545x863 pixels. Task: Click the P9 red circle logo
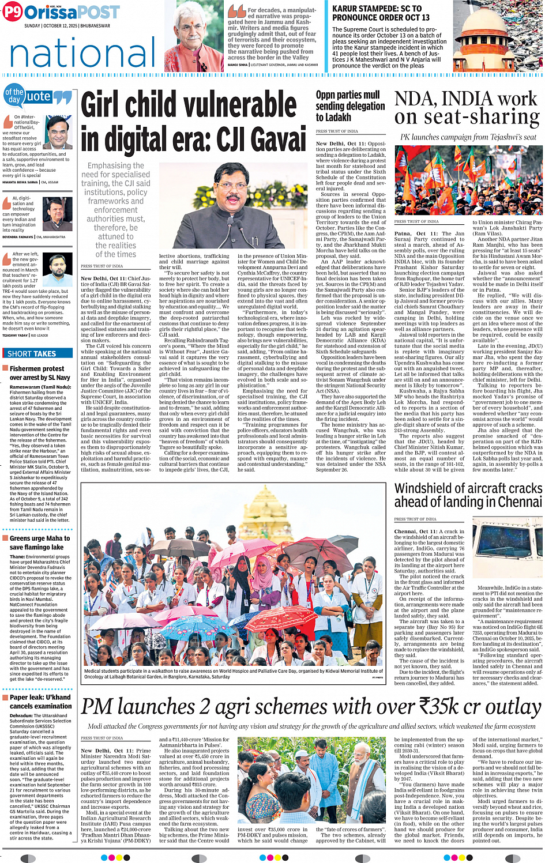[x=12, y=13]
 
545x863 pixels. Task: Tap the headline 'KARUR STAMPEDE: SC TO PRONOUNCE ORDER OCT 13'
[x=381, y=13]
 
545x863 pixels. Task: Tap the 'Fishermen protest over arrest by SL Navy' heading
[x=37, y=373]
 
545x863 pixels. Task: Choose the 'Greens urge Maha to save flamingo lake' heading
[x=39, y=542]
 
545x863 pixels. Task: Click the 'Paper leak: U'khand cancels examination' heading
[x=40, y=702]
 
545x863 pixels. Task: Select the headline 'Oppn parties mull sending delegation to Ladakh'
[x=350, y=106]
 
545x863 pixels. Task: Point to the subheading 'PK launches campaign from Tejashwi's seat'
[x=468, y=137]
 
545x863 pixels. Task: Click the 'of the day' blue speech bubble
[x=14, y=96]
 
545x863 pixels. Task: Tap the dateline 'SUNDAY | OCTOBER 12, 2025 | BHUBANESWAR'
[x=67, y=26]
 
